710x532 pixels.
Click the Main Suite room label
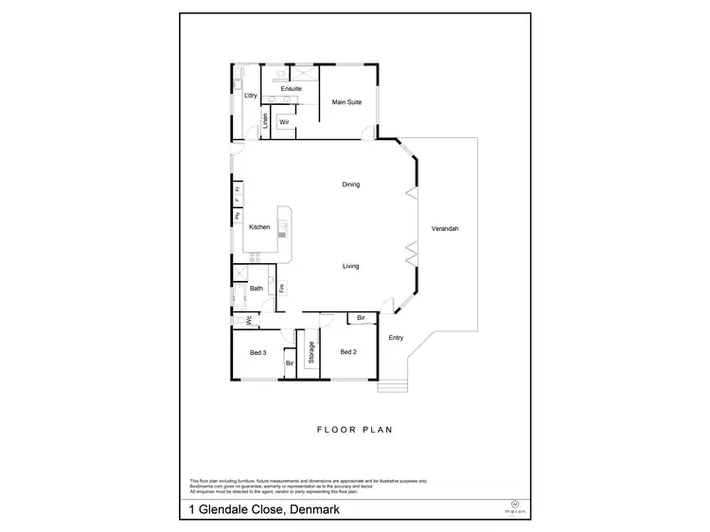point(347,102)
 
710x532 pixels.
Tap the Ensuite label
point(292,88)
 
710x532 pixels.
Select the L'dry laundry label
point(251,96)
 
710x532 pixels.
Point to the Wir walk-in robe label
point(283,121)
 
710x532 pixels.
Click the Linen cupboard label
point(266,121)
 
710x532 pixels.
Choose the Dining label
point(350,185)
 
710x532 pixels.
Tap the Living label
point(350,266)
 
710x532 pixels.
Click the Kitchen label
point(259,227)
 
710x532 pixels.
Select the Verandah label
point(445,229)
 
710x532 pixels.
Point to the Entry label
point(397,337)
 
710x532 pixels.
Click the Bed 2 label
point(347,352)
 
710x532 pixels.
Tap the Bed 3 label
point(257,352)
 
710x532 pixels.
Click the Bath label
point(256,289)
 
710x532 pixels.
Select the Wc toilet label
point(249,321)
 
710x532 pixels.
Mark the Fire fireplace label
point(282,287)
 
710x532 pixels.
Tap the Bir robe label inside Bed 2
point(361,319)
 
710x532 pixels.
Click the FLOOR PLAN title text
point(354,429)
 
